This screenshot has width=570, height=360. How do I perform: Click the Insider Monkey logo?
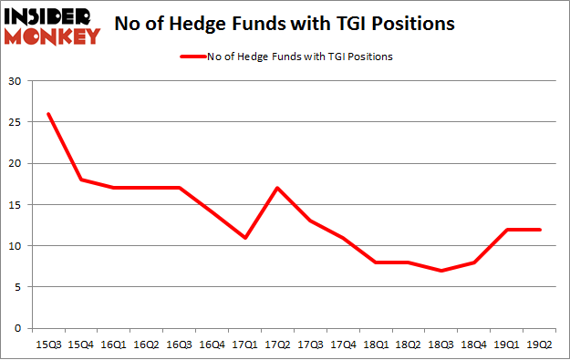point(52,26)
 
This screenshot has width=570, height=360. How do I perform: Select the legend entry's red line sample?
point(196,57)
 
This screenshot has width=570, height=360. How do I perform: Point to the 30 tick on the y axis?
point(16,82)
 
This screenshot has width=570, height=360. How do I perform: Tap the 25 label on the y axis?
point(16,123)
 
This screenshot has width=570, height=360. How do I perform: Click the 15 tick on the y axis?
point(16,205)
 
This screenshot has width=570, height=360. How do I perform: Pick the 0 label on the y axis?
point(18,328)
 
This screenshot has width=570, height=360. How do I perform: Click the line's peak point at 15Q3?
point(48,114)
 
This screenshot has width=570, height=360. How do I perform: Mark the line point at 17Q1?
point(244,238)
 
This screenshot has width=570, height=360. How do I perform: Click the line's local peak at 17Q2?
point(276,188)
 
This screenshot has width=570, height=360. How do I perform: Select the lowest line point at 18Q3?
point(440,271)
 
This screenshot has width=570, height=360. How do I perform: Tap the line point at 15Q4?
point(81,180)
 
